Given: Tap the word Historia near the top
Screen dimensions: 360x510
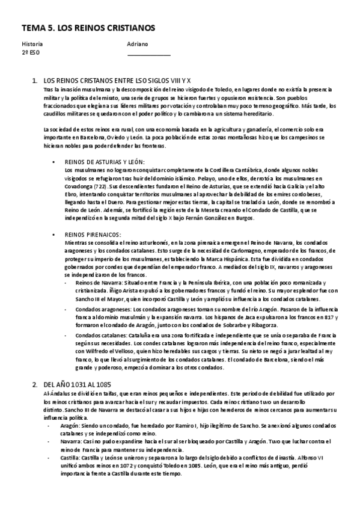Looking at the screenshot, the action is (x=32, y=44).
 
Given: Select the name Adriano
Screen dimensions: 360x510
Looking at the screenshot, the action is (x=138, y=44).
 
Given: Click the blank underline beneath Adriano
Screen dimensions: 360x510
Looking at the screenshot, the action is (x=149, y=55).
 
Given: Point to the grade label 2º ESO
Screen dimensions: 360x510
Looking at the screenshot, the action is (x=30, y=52).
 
